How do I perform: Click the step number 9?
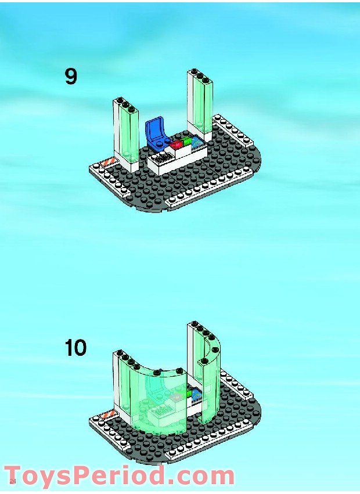point(71,77)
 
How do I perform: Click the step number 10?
point(75,348)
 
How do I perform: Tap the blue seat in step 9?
point(157,131)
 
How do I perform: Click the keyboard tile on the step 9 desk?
point(162,156)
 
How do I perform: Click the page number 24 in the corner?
point(12,481)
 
